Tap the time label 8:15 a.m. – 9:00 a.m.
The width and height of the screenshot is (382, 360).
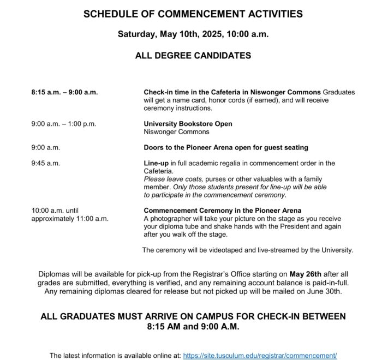tap(64, 92)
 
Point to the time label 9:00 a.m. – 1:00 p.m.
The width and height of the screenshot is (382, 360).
tap(64, 124)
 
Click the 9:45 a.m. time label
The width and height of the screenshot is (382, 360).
tap(46, 163)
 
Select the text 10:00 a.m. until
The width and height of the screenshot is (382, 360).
tap(57, 211)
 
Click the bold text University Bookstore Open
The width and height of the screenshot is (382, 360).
tap(188, 124)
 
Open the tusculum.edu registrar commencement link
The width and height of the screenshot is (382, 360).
tap(260, 355)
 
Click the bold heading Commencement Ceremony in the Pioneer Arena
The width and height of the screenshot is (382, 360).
tap(222, 211)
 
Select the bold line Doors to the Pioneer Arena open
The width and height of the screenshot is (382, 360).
tap(225, 147)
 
